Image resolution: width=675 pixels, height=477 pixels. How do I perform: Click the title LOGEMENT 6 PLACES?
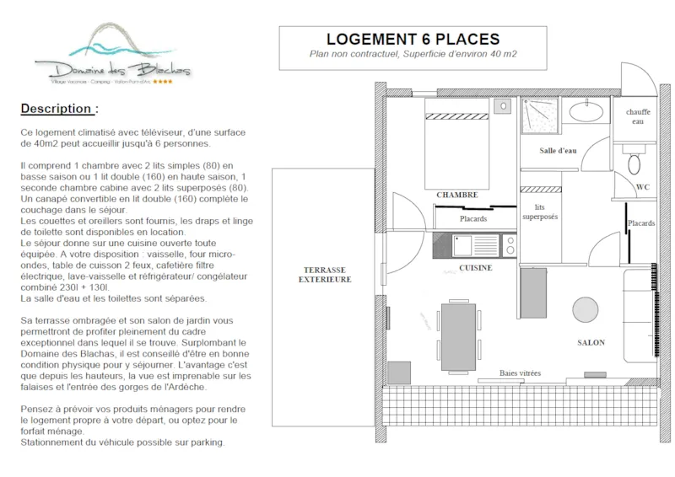[413, 40]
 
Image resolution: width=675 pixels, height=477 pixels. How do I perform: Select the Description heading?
[59, 109]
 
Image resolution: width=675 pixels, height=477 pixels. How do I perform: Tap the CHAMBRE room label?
[457, 195]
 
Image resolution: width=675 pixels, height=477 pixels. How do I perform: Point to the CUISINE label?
[476, 267]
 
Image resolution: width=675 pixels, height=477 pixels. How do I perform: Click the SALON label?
[591, 343]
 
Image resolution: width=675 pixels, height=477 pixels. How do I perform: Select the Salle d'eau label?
[558, 150]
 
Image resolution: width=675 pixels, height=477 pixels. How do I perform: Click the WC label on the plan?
[641, 187]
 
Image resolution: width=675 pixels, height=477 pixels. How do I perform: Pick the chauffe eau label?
[638, 116]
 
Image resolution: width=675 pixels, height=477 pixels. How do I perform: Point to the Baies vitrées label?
[520, 372]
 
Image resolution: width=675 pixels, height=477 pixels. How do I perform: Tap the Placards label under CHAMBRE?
[472, 218]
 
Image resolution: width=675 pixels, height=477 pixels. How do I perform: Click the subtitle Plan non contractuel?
[413, 55]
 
